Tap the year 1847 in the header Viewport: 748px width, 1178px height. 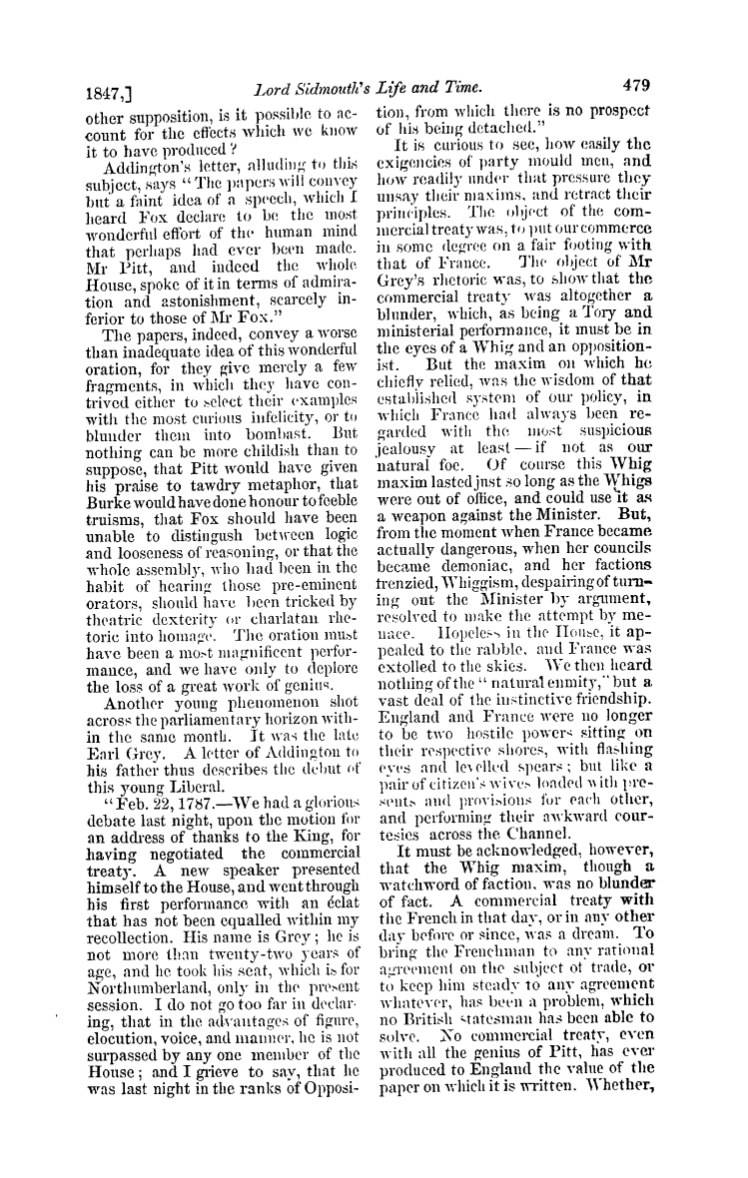tap(102, 88)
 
